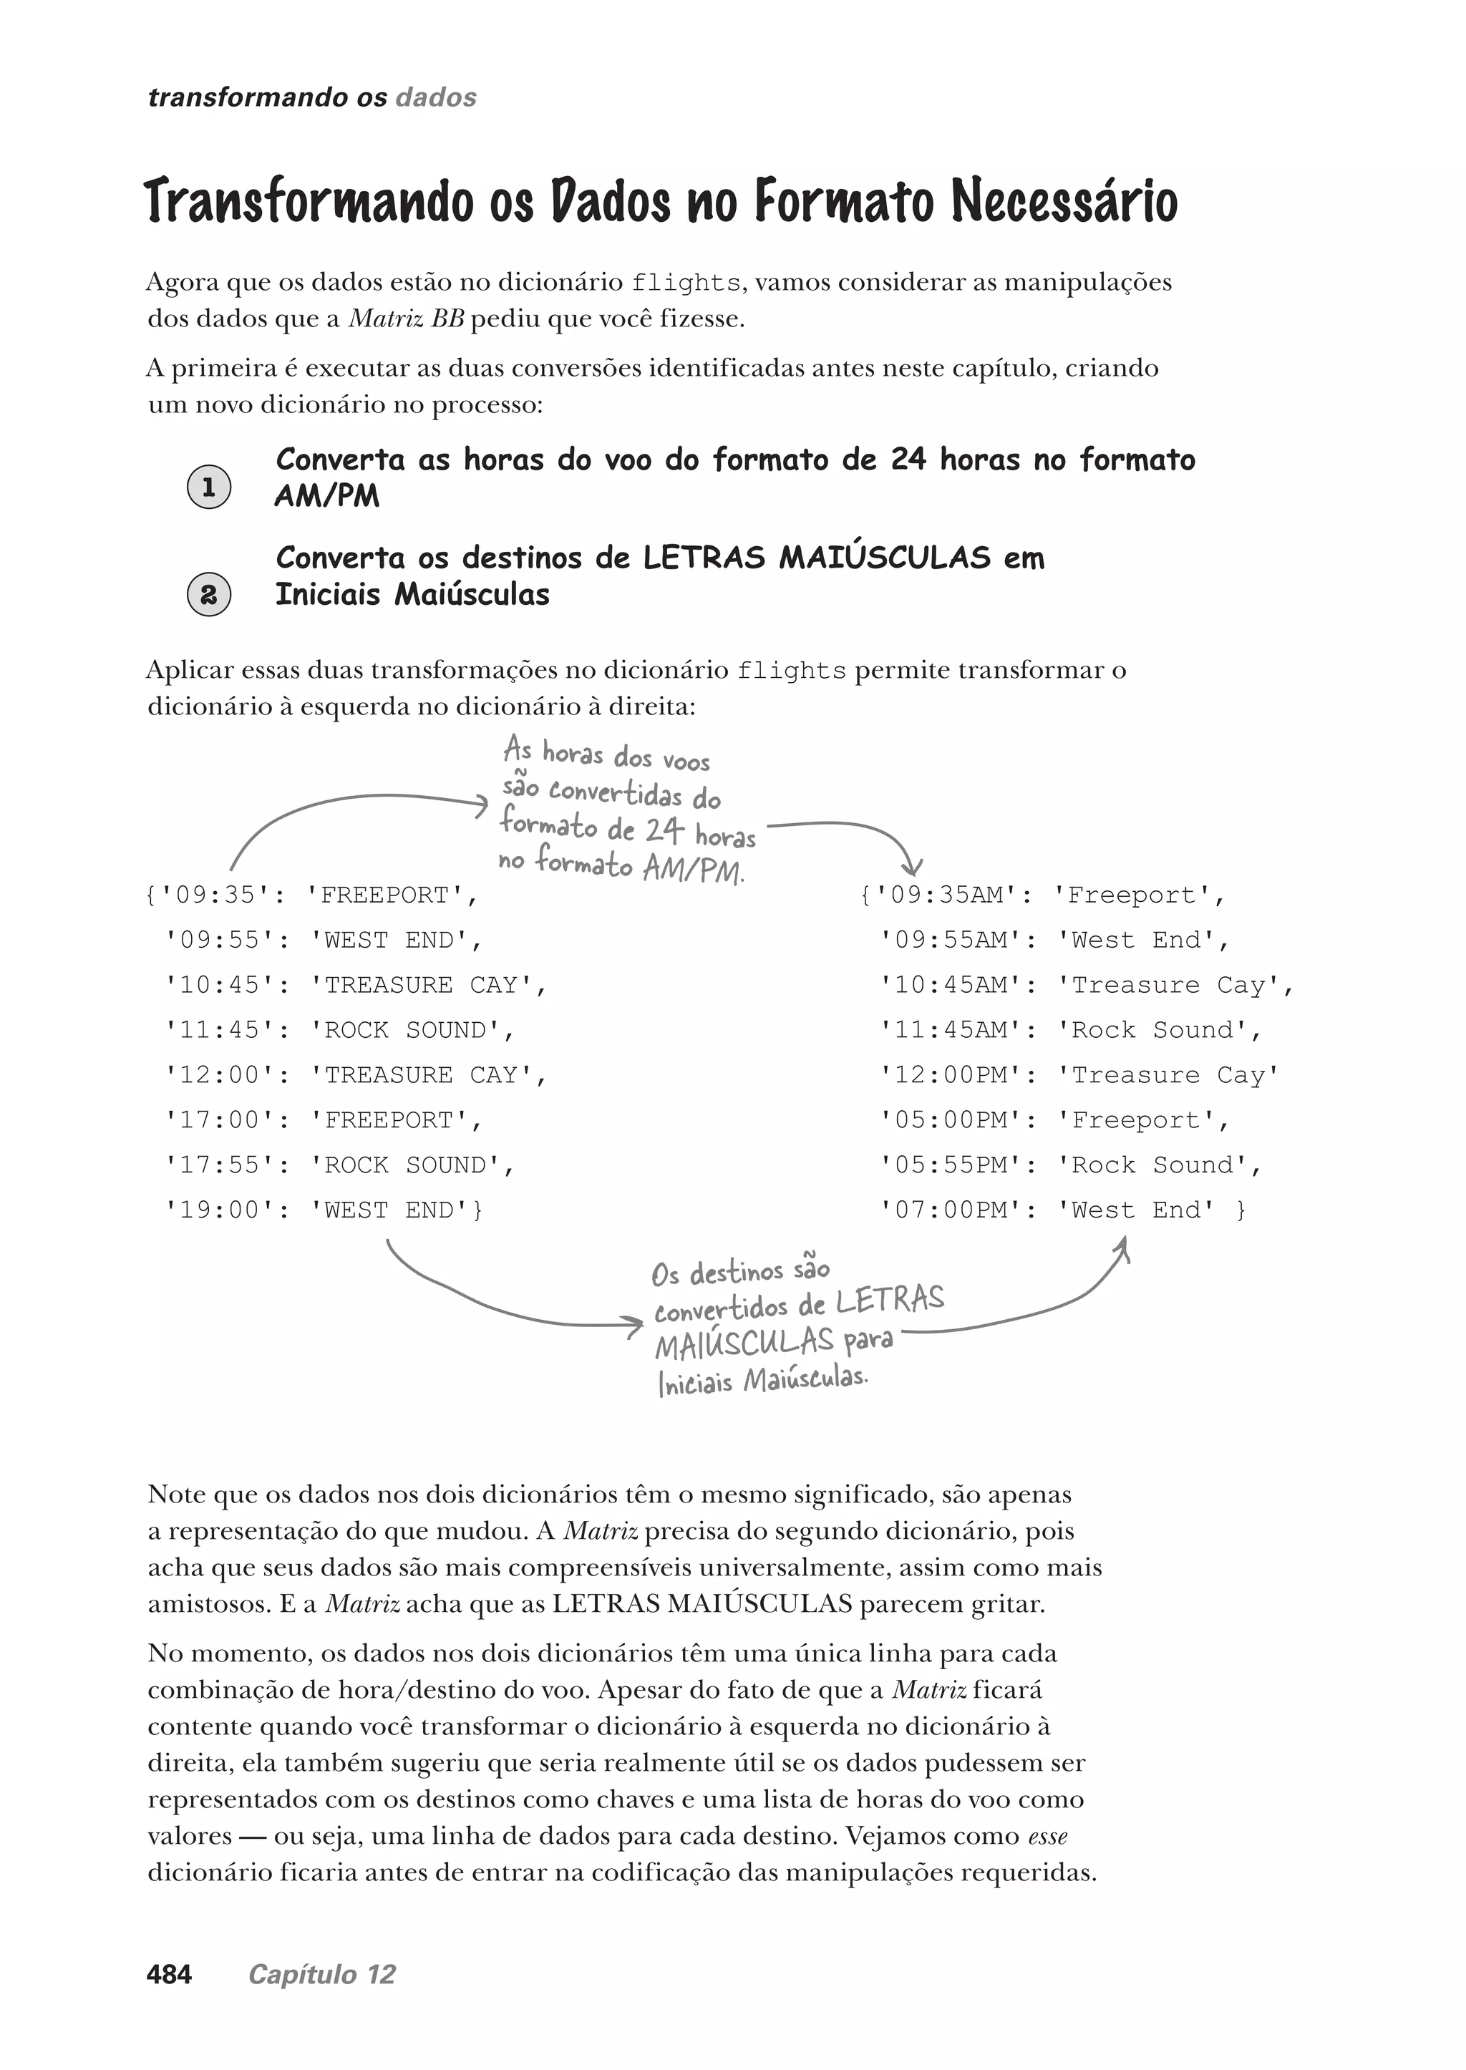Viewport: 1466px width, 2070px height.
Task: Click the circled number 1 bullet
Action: coord(208,487)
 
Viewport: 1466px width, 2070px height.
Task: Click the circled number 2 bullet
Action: coord(208,595)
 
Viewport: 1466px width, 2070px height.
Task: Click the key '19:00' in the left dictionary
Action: coord(219,1210)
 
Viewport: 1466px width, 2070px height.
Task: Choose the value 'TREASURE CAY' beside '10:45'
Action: coord(421,985)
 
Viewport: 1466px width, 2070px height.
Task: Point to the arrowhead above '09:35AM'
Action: coord(913,868)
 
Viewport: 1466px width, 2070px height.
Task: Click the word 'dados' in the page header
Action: coord(436,97)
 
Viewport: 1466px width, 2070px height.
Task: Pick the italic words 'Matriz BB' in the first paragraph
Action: coord(405,319)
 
